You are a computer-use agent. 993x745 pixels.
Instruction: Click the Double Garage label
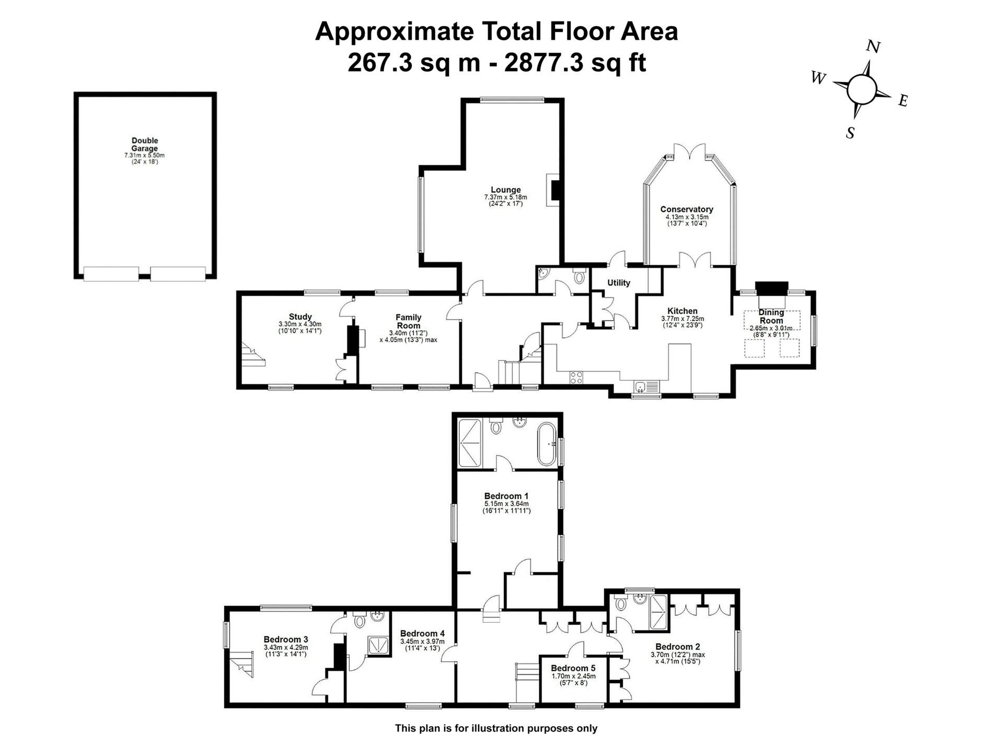pyautogui.click(x=145, y=144)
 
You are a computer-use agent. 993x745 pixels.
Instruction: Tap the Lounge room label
pyautogui.click(x=505, y=190)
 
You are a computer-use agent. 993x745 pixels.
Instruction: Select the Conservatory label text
pyautogui.click(x=686, y=209)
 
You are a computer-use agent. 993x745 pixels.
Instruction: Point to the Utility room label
pyautogui.click(x=619, y=283)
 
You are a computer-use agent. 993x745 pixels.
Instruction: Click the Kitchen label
pyautogui.click(x=683, y=311)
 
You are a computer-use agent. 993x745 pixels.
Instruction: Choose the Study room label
pyautogui.click(x=300, y=316)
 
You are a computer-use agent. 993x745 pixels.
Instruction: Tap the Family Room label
pyautogui.click(x=408, y=321)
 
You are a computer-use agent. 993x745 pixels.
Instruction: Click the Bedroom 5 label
pyautogui.click(x=573, y=668)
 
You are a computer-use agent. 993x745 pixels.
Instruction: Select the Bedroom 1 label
pyautogui.click(x=506, y=496)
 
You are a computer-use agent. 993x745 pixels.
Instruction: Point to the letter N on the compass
pyautogui.click(x=873, y=47)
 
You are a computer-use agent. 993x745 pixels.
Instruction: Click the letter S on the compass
pyautogui.click(x=850, y=133)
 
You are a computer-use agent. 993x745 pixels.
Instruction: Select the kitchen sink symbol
pyautogui.click(x=647, y=387)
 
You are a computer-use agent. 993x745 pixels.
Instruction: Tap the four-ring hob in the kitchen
pyautogui.click(x=576, y=377)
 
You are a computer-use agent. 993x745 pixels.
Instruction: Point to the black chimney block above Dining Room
pyautogui.click(x=772, y=289)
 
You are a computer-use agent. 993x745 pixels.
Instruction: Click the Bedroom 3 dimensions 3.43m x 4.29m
pyautogui.click(x=286, y=647)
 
